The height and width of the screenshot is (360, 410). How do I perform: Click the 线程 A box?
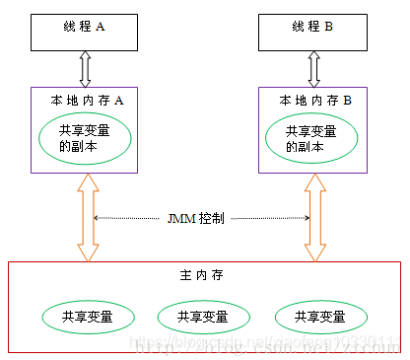[x=87, y=31]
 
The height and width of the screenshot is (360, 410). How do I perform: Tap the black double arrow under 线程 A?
[x=87, y=69]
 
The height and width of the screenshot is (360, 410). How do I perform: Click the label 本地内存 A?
[x=87, y=100]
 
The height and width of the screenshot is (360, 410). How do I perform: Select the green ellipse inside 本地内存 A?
[x=87, y=138]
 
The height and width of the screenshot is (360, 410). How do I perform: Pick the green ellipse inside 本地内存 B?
[x=312, y=138]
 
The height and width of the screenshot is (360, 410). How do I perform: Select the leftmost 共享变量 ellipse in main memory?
[x=87, y=317]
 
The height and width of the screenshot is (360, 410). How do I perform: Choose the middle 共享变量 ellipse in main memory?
[x=203, y=317]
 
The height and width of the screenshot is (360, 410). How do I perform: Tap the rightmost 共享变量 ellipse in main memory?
[x=320, y=317]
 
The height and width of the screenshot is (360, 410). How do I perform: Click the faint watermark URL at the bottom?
[x=266, y=345]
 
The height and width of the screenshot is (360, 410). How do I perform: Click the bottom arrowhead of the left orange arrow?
[x=87, y=254]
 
